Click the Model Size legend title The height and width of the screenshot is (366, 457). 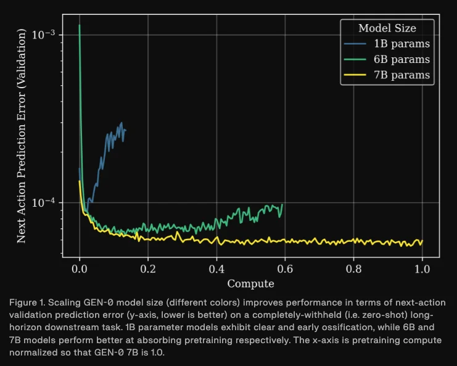[387, 28]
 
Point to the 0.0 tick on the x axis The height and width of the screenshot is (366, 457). [80, 270]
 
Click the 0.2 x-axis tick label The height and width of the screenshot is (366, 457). [148, 270]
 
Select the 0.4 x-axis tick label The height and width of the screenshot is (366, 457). [216, 270]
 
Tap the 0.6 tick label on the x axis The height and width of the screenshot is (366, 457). [285, 270]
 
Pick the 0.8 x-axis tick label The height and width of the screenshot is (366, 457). [353, 270]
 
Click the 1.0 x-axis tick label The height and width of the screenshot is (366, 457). [422, 270]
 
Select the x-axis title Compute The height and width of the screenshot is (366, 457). [250, 284]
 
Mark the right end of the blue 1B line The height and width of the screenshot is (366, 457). [125, 130]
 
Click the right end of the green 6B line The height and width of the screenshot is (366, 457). [282, 204]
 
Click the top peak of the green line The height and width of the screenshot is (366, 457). [80, 25]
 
